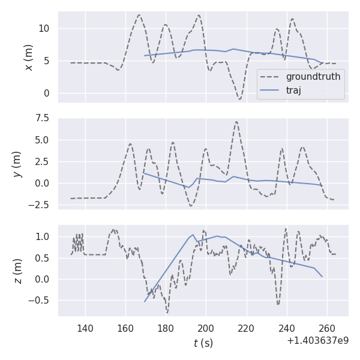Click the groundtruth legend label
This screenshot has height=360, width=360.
click(313, 77)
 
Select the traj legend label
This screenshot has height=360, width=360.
click(293, 91)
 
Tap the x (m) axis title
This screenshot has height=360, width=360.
click(28, 57)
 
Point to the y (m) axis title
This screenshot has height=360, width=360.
click(17, 163)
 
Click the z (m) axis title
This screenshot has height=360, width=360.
click(17, 271)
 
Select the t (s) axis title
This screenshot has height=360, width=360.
click(203, 343)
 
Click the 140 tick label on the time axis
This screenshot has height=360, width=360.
click(85, 328)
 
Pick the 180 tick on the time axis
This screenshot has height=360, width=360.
click(166, 328)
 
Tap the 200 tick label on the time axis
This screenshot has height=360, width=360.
click(206, 328)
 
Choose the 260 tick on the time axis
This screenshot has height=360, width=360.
click(327, 328)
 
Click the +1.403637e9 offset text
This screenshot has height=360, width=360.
click(317, 341)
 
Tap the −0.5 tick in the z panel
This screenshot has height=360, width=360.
click(41, 301)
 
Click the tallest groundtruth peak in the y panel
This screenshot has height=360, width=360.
click(236, 122)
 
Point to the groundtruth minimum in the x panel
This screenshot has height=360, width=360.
click(239, 98)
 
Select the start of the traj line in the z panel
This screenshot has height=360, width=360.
click(145, 301)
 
